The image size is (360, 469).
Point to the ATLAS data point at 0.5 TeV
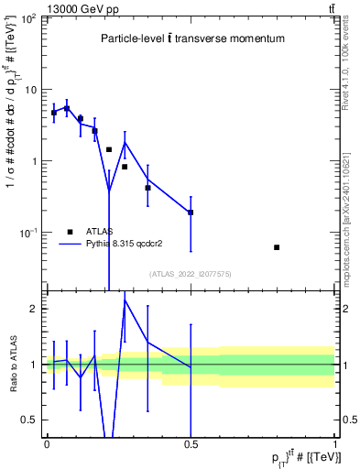tap(191, 213)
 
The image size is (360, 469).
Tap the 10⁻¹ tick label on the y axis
tap(30, 233)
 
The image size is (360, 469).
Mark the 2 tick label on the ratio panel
tap(36, 309)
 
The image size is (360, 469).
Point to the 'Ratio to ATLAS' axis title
tap(13, 364)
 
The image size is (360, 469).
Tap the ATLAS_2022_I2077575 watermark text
tap(191, 273)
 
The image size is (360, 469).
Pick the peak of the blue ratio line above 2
tap(125, 300)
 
